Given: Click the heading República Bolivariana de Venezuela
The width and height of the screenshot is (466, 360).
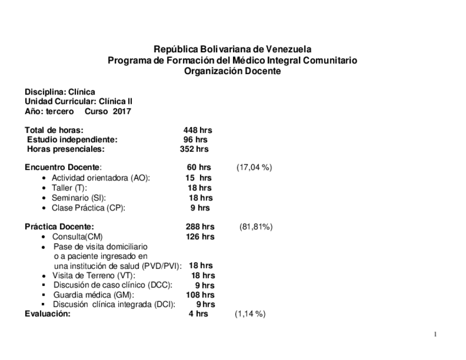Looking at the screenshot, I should pyautogui.click(x=232, y=49).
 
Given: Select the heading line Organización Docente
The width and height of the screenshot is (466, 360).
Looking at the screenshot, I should pyautogui.click(x=232, y=71).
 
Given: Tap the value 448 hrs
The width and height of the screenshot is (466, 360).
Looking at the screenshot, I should pyautogui.click(x=197, y=130).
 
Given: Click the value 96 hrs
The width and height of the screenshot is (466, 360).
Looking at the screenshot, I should pyautogui.click(x=196, y=140).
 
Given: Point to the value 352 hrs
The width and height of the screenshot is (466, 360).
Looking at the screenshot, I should pyautogui.click(x=194, y=149).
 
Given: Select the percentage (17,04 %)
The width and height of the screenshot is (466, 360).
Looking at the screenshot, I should pyautogui.click(x=254, y=167).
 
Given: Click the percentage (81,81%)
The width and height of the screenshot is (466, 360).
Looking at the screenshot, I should pyautogui.click(x=256, y=226).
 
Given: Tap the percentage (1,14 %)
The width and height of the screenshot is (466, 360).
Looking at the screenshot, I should pyautogui.click(x=251, y=314).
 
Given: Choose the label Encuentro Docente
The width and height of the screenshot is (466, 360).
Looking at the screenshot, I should pyautogui.click(x=63, y=167).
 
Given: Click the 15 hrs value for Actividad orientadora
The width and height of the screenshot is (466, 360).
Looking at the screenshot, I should pyautogui.click(x=198, y=178).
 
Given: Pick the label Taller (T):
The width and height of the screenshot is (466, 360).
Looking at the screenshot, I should pyautogui.click(x=69, y=188).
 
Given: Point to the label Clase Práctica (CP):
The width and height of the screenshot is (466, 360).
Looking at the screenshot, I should pyautogui.click(x=88, y=208).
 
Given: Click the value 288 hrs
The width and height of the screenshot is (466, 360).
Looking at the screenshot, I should pyautogui.click(x=200, y=226).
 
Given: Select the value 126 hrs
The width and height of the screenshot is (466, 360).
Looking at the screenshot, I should pyautogui.click(x=200, y=236).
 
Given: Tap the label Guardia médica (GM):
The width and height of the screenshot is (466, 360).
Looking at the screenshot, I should pyautogui.click(x=94, y=295).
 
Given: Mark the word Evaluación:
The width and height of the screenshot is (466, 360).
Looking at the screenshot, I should pyautogui.click(x=48, y=314).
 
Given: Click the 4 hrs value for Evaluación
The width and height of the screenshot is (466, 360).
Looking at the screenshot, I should pyautogui.click(x=198, y=314).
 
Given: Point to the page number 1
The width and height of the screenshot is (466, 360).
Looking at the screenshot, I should pyautogui.click(x=435, y=334).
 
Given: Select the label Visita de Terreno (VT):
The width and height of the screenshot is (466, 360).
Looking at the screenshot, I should pyautogui.click(x=94, y=275).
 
